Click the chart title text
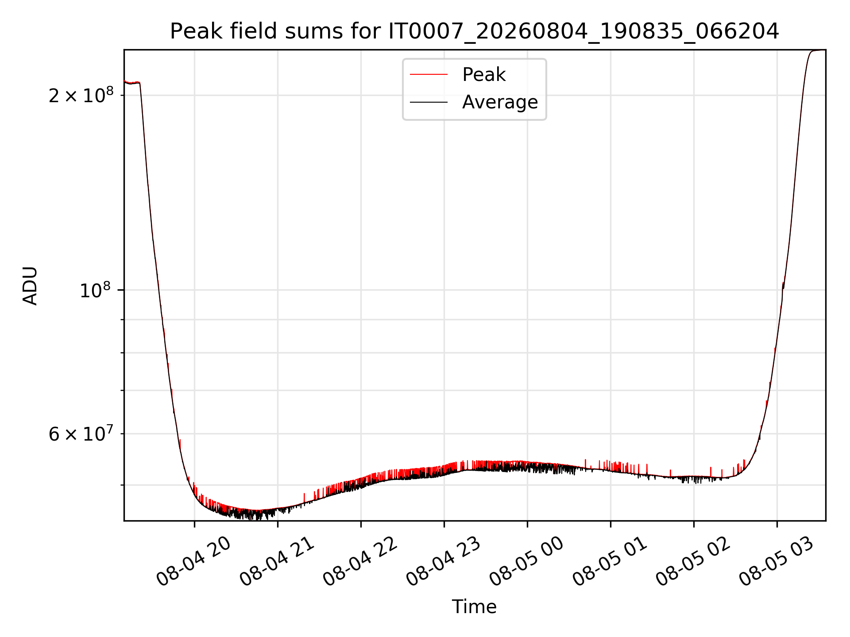475,31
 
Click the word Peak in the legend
484,75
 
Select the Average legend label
500,102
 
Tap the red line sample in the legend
429,75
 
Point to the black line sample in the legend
429,102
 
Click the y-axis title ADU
30,285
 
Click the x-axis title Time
474,606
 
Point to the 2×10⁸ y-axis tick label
81,95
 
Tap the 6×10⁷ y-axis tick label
81,434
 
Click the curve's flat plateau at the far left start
132,83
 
